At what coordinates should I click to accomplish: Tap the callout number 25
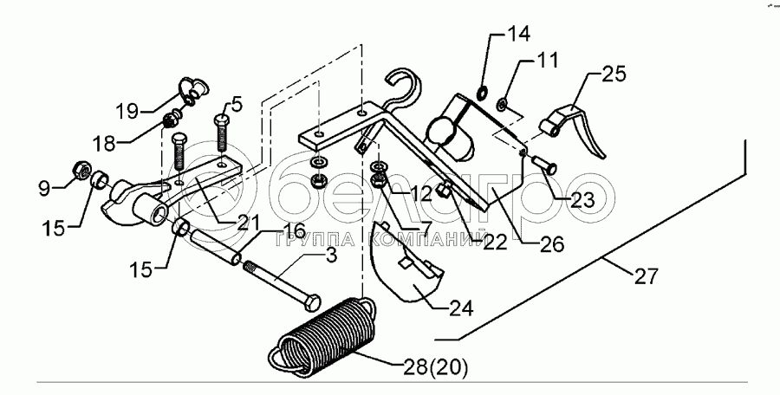[x=613, y=75]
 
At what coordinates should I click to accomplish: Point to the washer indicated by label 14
[x=482, y=94]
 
